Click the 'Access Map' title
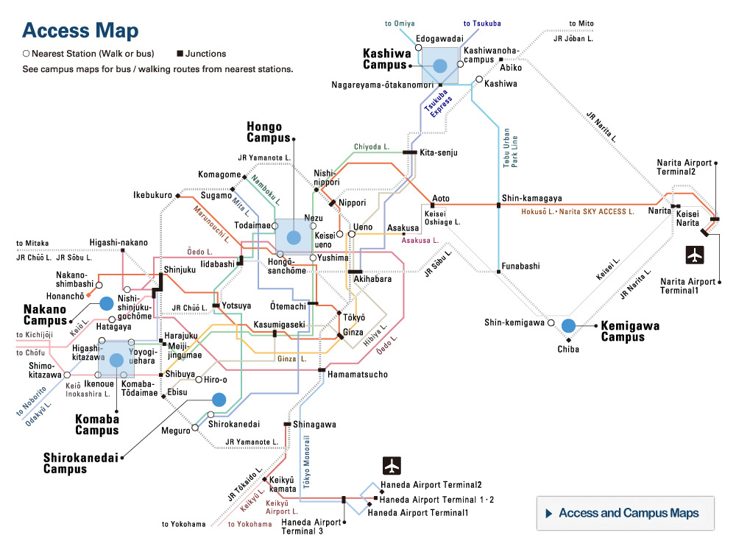79,31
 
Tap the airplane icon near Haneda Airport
392,466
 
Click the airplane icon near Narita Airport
695,255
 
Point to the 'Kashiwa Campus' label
385,59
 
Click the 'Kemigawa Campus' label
630,331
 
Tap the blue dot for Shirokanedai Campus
218,400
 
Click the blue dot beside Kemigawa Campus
567,325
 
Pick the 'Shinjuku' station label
180,270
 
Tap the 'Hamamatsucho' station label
358,375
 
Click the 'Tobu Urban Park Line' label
511,148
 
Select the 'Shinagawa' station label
314,425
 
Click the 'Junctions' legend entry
205,54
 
